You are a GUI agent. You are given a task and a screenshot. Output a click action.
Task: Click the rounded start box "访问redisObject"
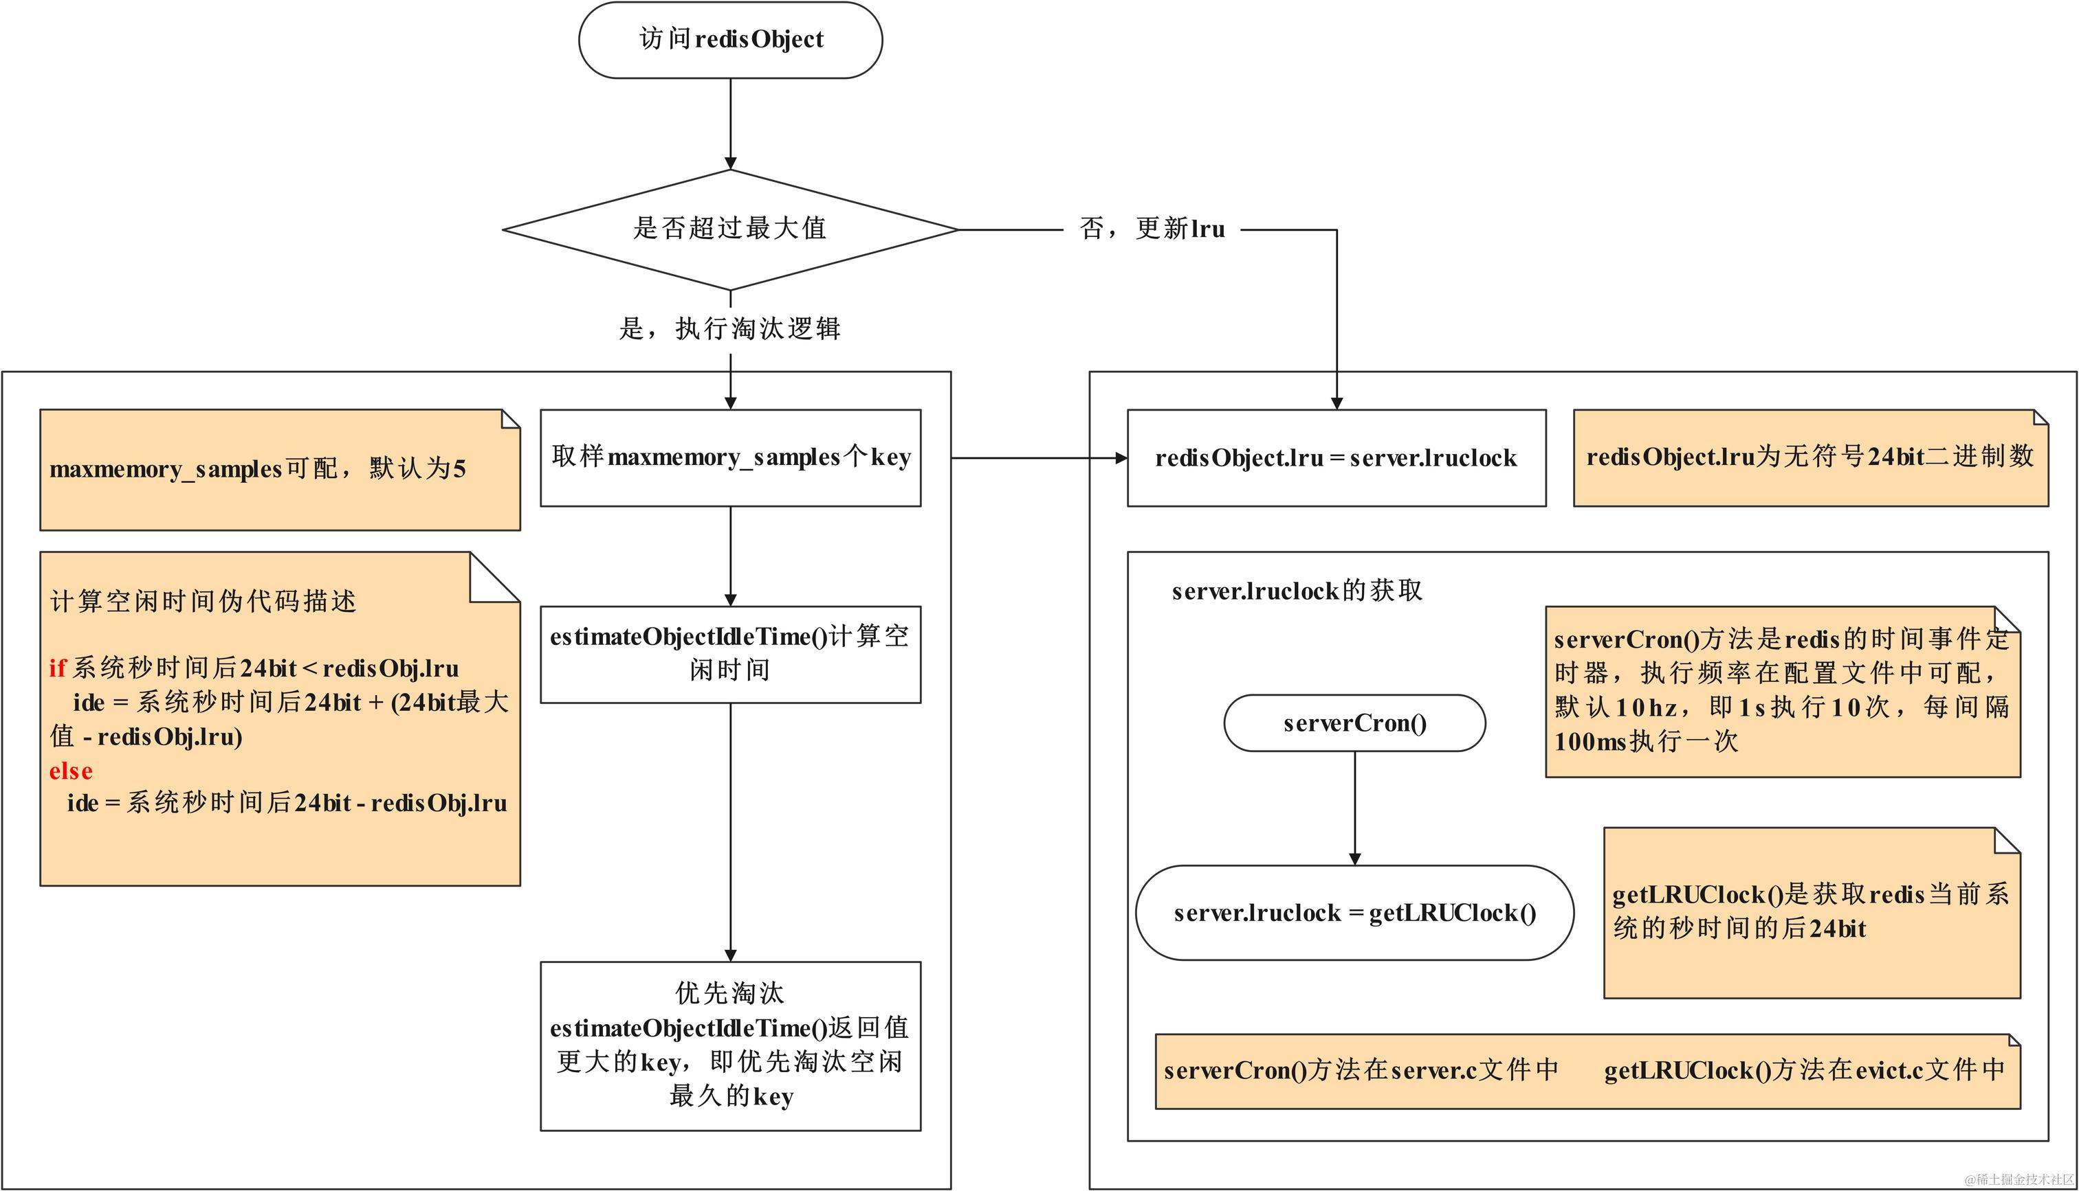click(730, 40)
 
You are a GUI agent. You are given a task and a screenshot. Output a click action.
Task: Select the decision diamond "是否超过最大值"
click(730, 229)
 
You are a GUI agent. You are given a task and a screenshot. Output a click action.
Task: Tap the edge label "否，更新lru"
click(1152, 229)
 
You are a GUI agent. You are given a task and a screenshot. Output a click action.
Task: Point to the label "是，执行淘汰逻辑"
click(730, 329)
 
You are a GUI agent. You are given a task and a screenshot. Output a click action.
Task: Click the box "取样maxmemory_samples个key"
click(730, 457)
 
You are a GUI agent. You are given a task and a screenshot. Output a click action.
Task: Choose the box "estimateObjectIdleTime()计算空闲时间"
click(730, 654)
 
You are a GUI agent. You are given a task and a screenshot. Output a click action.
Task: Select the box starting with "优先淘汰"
click(730, 1045)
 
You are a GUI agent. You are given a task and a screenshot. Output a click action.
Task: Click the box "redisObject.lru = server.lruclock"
click(1336, 458)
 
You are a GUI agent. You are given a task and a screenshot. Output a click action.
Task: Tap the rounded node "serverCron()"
click(1354, 723)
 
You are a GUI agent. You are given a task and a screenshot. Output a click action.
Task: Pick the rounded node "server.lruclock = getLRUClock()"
click(1354, 913)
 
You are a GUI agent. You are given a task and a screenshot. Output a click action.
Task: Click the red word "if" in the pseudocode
click(56, 668)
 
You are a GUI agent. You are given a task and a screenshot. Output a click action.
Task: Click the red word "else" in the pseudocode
click(70, 771)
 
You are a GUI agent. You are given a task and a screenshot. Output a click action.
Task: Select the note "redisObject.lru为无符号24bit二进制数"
click(1809, 457)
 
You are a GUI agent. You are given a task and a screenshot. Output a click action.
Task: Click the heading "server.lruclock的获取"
click(1297, 591)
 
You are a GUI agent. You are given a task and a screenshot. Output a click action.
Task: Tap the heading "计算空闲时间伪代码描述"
click(203, 601)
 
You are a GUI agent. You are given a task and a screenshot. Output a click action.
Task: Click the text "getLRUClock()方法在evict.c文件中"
click(1804, 1070)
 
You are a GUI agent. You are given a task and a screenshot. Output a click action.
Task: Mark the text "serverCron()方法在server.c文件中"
click(1361, 1070)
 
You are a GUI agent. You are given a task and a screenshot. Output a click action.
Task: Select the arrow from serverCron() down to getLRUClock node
click(1354, 806)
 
